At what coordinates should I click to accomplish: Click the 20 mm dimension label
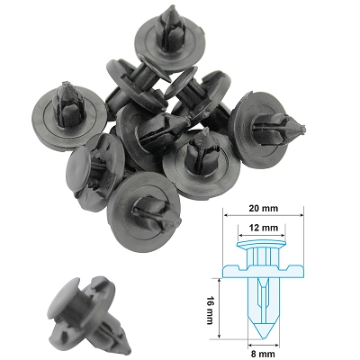click(x=263, y=208)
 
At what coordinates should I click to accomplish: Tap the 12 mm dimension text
click(x=263, y=228)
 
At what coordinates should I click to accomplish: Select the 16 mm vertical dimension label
click(x=210, y=310)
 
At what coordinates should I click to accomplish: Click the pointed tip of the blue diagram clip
click(x=263, y=338)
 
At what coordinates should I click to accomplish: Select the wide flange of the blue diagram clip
click(x=263, y=271)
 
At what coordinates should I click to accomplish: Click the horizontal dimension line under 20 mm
click(x=263, y=215)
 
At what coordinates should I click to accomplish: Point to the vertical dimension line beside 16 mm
click(x=220, y=308)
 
